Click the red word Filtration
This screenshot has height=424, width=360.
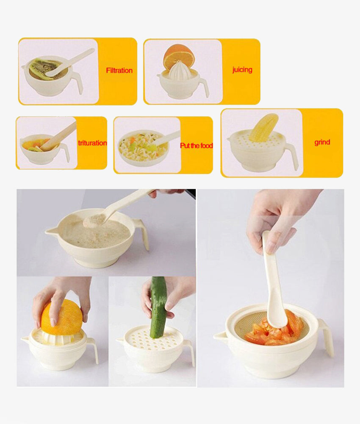pos(119,70)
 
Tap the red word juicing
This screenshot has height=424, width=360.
pos(242,70)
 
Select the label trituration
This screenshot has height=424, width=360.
pos(92,143)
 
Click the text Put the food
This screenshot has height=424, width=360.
pos(196,145)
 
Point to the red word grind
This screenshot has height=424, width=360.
pos(322,142)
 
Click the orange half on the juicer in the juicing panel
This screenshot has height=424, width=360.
pos(178,55)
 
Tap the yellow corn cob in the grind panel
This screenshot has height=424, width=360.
pos(263,128)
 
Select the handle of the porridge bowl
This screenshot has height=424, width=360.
pos(142,232)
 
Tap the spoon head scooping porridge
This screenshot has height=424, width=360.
pos(94,220)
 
